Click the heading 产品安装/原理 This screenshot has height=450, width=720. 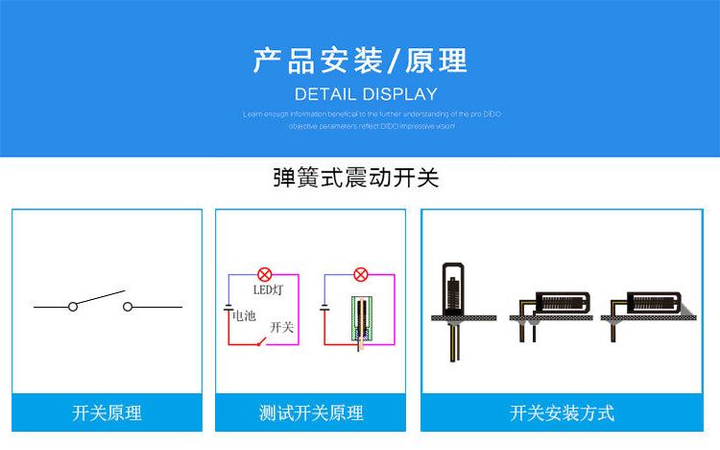(360, 61)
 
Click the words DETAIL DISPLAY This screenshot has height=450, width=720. (365, 94)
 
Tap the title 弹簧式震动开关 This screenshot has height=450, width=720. (355, 178)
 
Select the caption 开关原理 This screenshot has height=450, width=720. (107, 412)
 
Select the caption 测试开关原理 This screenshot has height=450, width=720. (311, 412)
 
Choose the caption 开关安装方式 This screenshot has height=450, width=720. (562, 412)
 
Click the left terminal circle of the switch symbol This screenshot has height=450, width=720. (73, 307)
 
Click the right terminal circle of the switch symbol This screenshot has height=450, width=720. (127, 307)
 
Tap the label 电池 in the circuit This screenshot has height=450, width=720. (245, 314)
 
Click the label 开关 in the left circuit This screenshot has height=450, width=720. (281, 327)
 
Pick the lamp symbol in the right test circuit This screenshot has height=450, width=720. (359, 274)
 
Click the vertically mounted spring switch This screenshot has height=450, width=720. (452, 288)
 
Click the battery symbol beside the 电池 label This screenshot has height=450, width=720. (228, 309)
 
